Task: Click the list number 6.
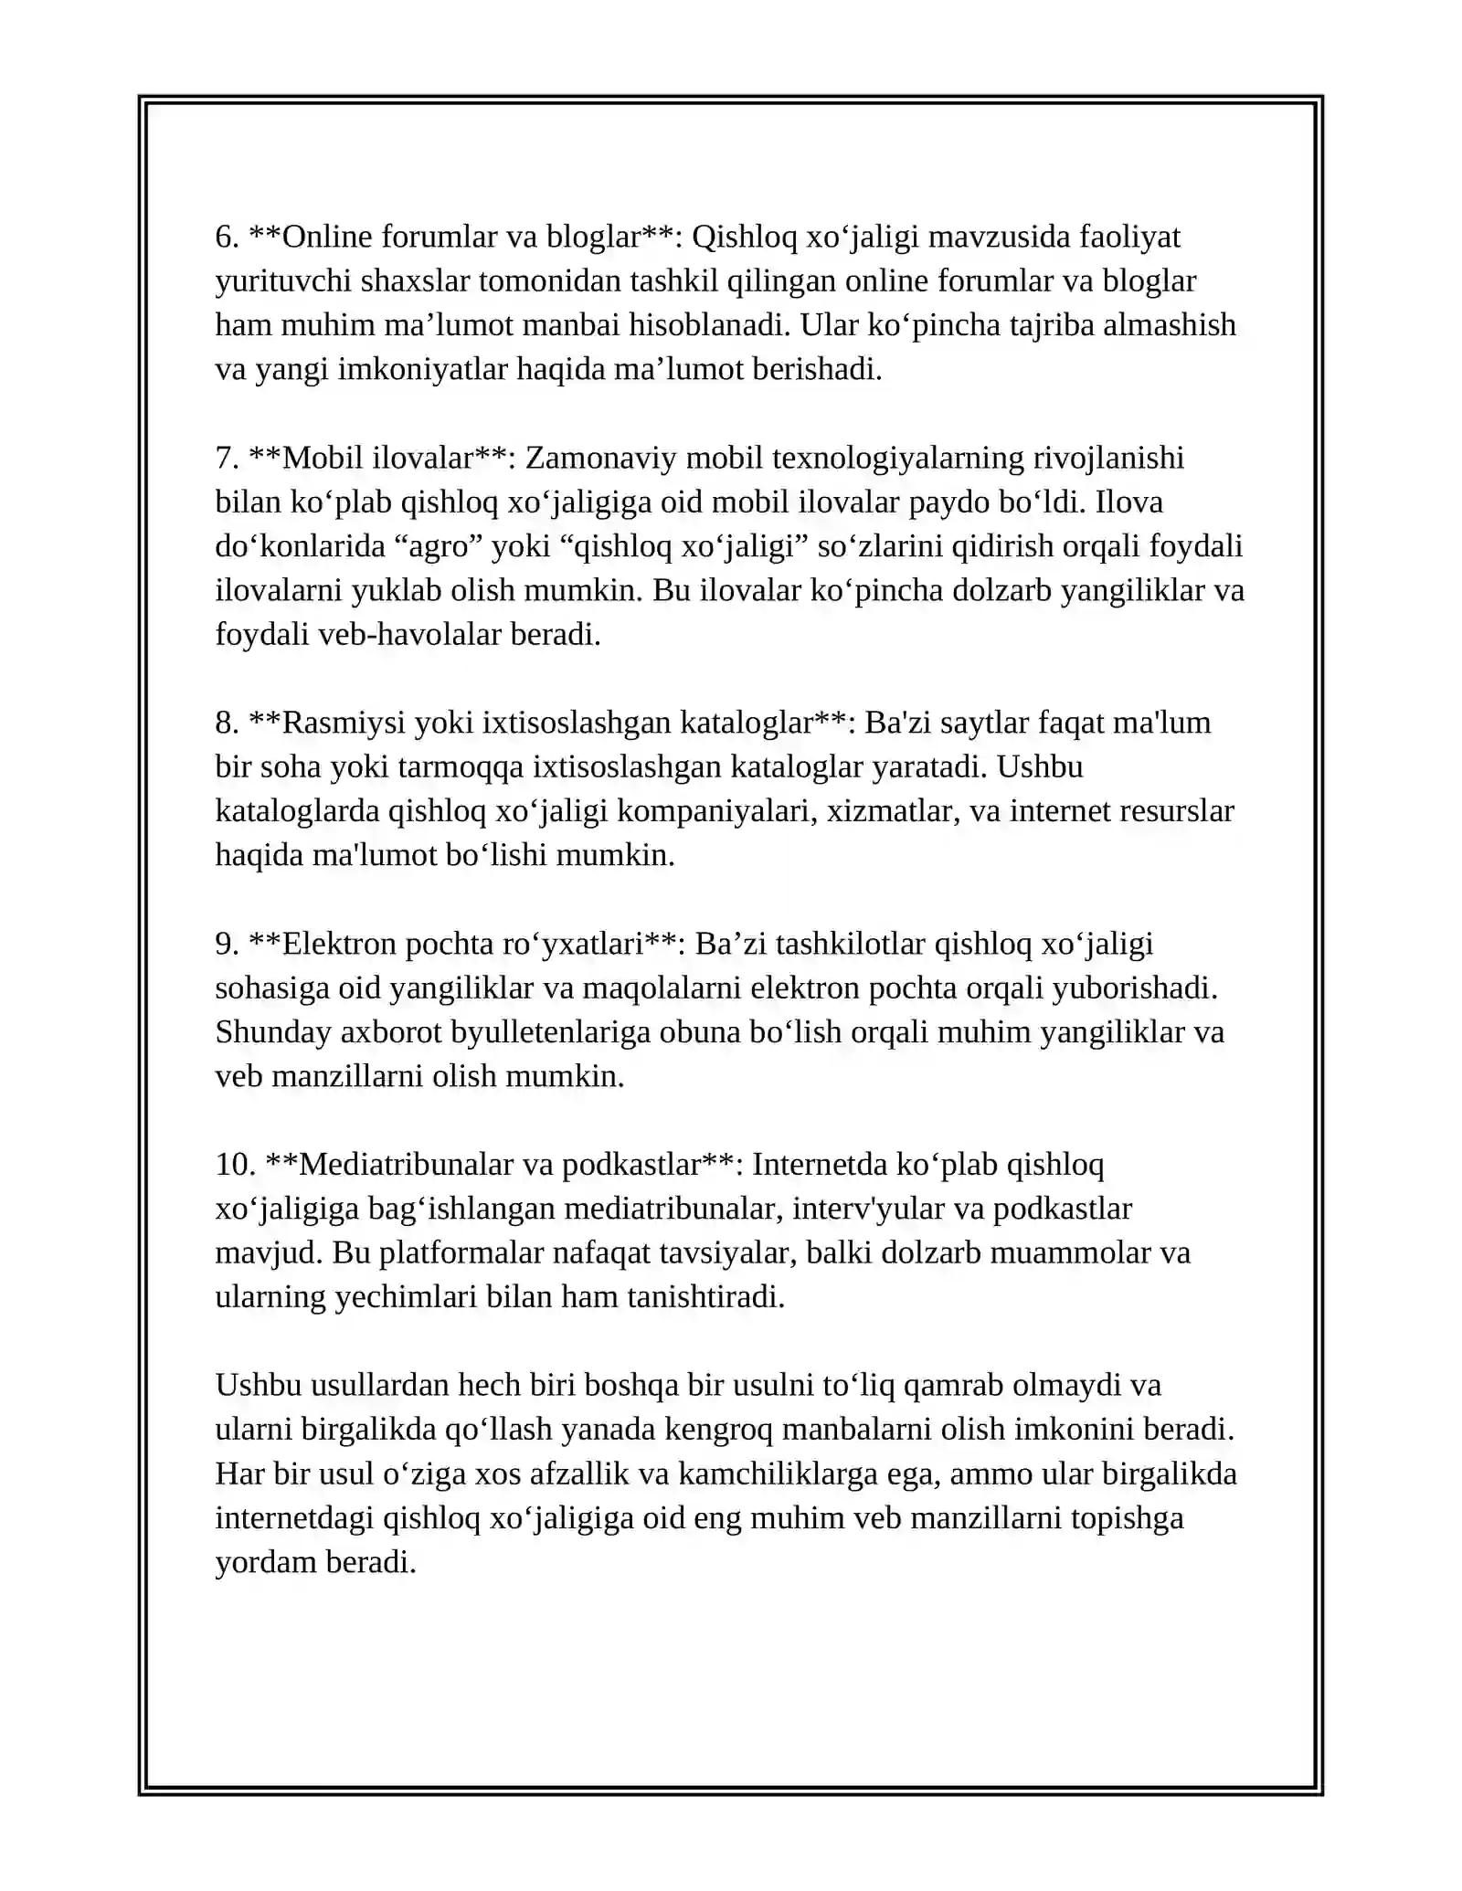point(227,238)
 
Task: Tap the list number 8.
point(227,723)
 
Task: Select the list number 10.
point(235,1164)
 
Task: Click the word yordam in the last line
point(265,1562)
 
